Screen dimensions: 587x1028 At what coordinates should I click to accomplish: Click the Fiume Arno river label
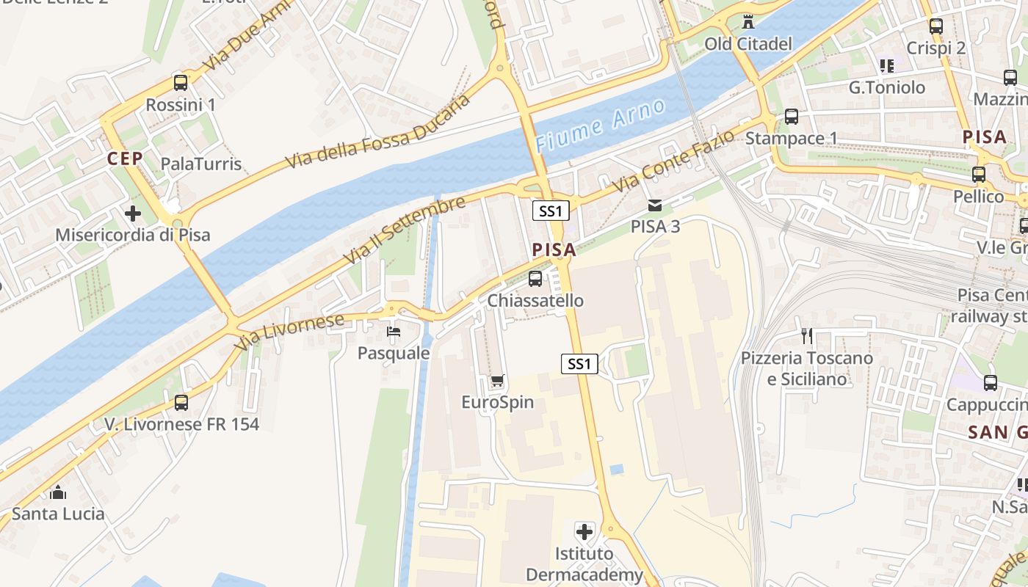click(600, 125)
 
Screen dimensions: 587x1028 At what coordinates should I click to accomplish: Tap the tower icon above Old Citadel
click(748, 22)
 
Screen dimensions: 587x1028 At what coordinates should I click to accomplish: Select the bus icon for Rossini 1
click(181, 82)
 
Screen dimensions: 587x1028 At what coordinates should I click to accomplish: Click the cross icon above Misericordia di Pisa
click(133, 214)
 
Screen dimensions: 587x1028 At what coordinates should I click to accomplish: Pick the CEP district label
click(125, 158)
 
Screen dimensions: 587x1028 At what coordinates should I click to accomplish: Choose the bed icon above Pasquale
click(394, 332)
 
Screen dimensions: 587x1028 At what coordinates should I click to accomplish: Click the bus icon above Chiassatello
click(535, 279)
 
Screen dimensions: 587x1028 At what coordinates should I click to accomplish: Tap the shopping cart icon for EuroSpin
click(497, 380)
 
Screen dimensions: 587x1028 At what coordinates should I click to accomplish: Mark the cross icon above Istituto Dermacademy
click(584, 531)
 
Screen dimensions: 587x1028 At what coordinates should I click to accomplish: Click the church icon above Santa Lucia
click(58, 492)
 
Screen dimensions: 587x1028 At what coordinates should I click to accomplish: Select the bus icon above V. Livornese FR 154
click(181, 402)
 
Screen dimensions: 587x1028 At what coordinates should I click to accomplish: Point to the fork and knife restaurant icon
click(807, 336)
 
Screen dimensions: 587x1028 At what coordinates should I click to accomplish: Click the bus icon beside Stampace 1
click(791, 116)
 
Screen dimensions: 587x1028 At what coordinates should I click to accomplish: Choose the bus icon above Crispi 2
click(936, 26)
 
